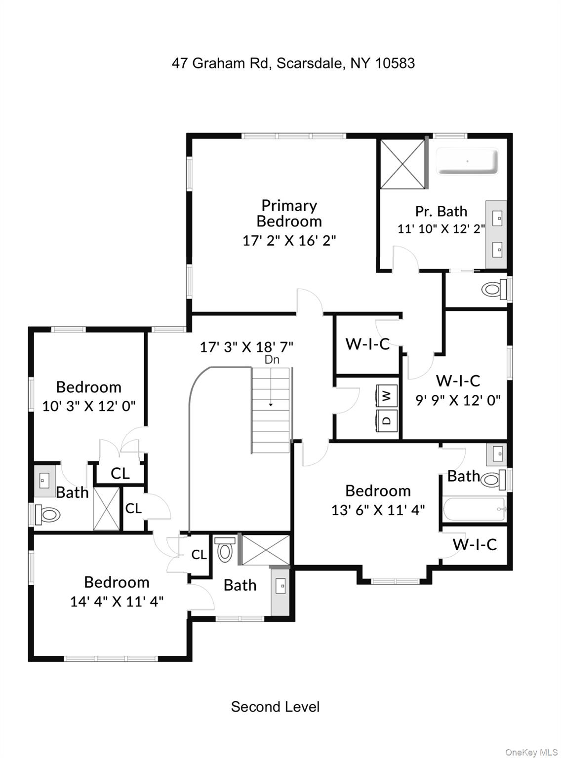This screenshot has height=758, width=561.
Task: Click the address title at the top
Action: pos(293,63)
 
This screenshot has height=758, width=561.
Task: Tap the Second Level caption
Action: pos(275,707)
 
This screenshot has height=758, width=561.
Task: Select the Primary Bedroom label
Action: pos(289,213)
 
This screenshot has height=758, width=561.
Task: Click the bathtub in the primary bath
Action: pos(467,161)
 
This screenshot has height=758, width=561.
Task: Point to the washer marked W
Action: pos(387,395)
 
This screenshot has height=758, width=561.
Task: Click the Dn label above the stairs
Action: pos(272,360)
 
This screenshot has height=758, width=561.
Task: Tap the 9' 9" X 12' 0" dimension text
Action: pos(458,400)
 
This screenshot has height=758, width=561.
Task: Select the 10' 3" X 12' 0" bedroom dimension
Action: pos(89,406)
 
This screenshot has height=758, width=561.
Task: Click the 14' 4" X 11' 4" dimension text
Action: pos(117,602)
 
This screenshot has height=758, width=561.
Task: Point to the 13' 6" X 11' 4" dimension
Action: pos(378,510)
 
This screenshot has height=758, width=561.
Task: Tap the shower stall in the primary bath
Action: pos(402,164)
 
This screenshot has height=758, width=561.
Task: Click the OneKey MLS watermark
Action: pos(531,752)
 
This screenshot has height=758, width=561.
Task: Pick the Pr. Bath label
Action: pos(441,211)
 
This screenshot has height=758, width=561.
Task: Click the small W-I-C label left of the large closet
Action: pos(367,344)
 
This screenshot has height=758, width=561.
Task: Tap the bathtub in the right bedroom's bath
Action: pos(474,509)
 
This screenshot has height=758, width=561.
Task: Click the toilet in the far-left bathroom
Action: pos(48,515)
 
